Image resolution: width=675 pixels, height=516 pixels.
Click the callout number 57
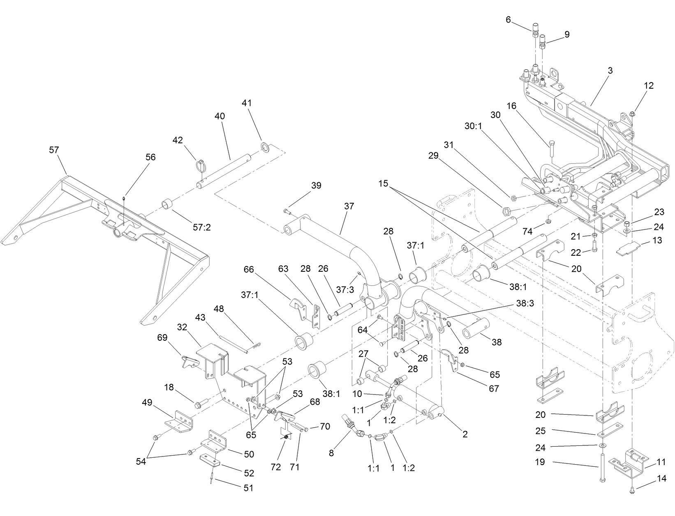54,150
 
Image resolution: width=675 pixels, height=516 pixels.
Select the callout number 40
220,116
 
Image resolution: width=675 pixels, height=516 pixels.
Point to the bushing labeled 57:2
167,204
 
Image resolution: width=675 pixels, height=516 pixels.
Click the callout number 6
508,19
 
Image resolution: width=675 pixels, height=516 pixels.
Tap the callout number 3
610,71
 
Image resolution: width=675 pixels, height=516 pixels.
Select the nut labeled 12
632,113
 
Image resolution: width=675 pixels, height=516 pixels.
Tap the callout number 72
276,467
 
